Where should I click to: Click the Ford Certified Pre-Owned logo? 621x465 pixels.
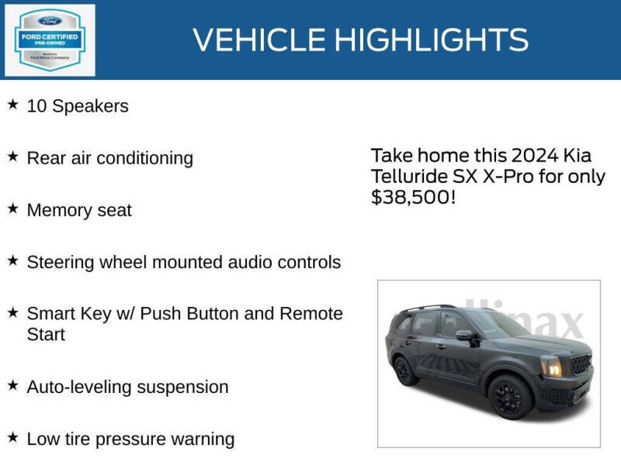pos(50,40)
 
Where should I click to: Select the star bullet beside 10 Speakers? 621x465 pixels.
pos(12,105)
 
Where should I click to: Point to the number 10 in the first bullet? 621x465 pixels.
pos(36,106)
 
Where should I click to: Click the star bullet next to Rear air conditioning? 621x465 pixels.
pos(12,157)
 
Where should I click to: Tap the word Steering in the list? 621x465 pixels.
pos(61,263)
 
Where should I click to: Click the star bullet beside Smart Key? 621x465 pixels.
pos(12,312)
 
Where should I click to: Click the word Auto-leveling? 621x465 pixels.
pos(78,387)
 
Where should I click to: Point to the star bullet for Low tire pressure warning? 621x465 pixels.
pos(12,438)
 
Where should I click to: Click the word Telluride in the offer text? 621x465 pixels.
pos(410,176)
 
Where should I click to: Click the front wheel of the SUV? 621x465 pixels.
pos(510,396)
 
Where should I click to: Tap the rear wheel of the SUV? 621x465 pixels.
pos(404,371)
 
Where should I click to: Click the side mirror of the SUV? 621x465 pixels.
pos(464,336)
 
